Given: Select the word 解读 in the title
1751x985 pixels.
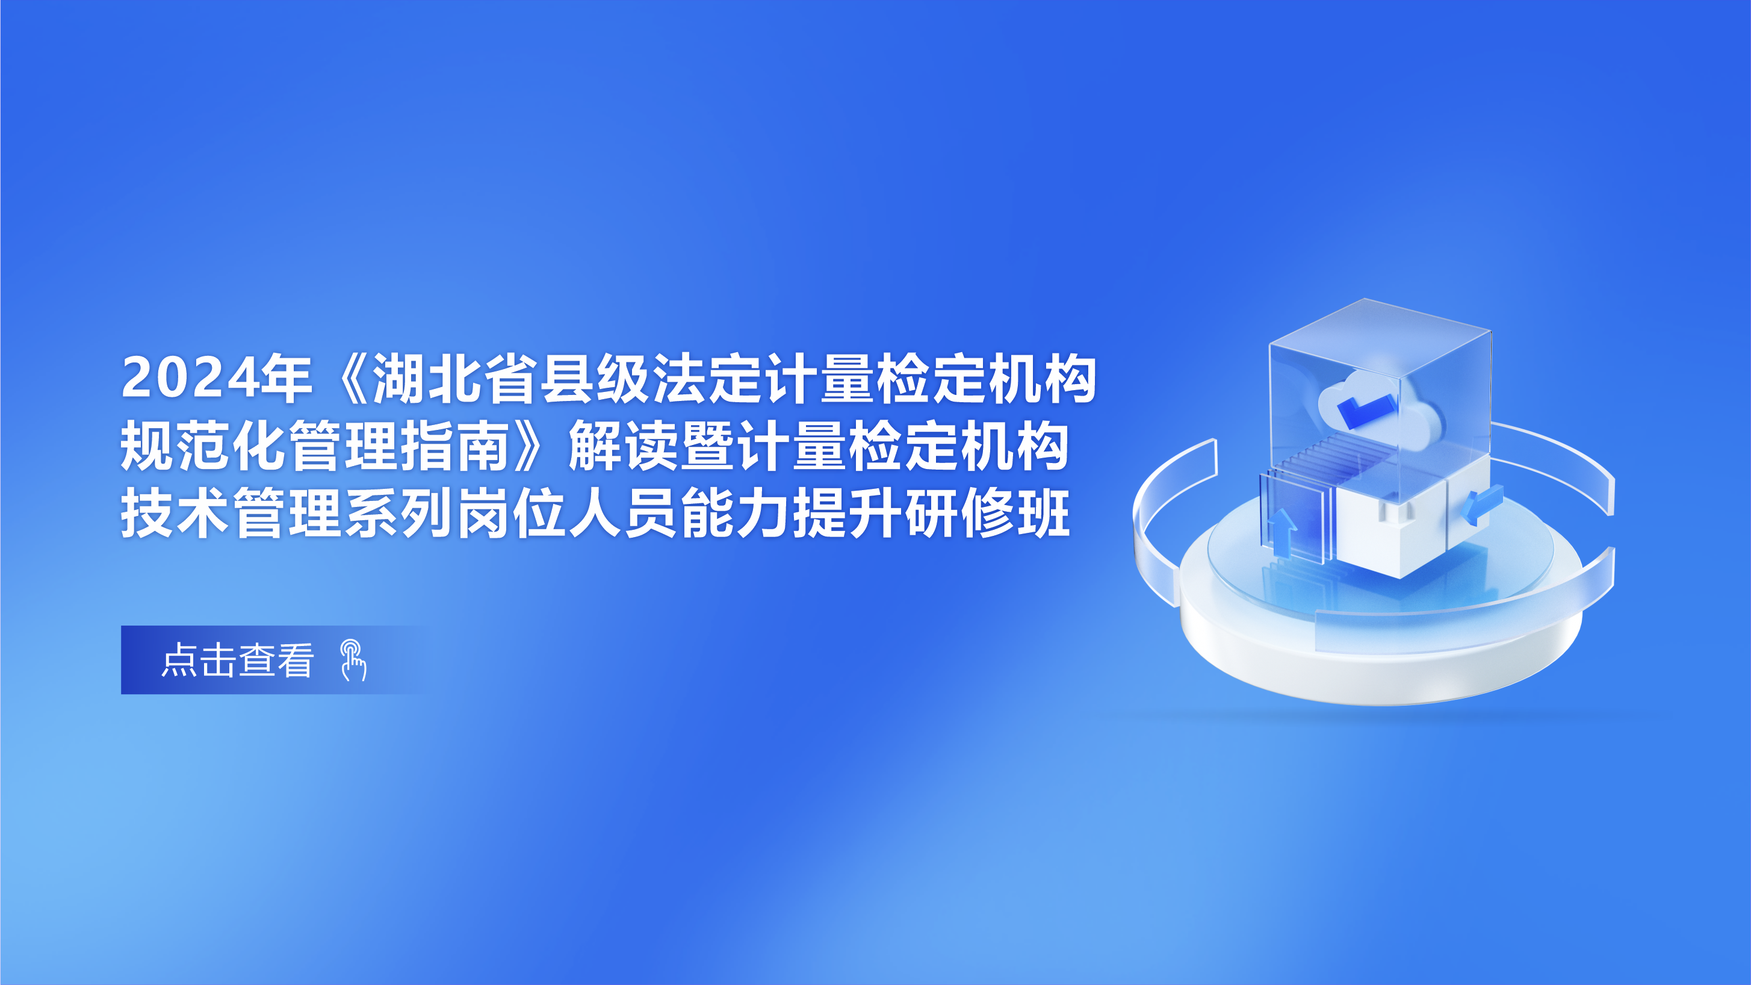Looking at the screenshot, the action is (622, 446).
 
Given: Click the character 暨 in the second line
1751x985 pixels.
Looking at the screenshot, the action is (707, 446).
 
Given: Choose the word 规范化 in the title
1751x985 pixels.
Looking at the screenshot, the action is (203, 446).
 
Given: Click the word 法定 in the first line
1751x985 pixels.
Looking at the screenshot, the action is (707, 379).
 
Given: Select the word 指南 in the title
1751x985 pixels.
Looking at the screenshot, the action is (456, 446).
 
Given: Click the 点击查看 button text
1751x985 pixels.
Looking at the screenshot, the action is (237, 660).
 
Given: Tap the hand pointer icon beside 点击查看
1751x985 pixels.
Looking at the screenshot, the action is (353, 660).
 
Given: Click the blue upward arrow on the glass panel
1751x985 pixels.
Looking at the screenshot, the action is (1283, 533).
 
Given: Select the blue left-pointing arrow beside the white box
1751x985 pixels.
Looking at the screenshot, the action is (1483, 504).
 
